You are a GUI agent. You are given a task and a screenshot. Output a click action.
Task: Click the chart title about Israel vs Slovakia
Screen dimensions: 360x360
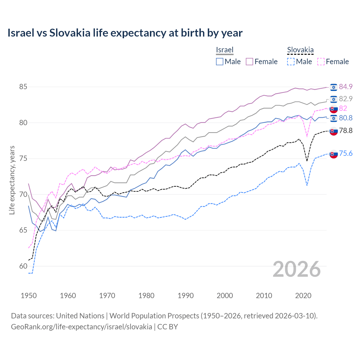pyautogui.click(x=125, y=33)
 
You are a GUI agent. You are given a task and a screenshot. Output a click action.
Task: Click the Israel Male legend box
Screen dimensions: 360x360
pyautogui.click(x=220, y=62)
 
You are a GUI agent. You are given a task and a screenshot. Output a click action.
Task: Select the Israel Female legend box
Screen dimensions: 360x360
pyautogui.click(x=249, y=62)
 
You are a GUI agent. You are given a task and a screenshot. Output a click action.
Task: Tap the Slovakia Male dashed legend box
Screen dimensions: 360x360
pyautogui.click(x=291, y=62)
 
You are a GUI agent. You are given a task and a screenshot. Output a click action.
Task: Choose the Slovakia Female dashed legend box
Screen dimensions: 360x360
pyautogui.click(x=321, y=62)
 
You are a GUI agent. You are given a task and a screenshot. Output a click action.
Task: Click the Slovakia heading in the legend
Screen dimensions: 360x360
pyautogui.click(x=300, y=50)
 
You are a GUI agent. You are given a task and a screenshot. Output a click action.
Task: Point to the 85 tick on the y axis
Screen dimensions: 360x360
pyautogui.click(x=23, y=87)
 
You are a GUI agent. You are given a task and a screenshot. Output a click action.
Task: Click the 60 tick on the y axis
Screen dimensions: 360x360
pyautogui.click(x=23, y=266)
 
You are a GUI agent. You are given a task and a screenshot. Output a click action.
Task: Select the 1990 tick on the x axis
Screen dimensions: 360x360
pyautogui.click(x=186, y=296)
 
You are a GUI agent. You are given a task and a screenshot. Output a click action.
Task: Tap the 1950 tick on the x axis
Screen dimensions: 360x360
pyautogui.click(x=29, y=296)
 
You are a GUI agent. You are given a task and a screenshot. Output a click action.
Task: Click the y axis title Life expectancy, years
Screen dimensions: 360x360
pyautogui.click(x=12, y=180)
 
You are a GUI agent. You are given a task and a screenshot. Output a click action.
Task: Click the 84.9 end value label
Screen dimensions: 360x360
pyautogui.click(x=346, y=87)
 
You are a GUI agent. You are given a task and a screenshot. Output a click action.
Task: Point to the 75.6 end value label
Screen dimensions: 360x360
pyautogui.click(x=346, y=153)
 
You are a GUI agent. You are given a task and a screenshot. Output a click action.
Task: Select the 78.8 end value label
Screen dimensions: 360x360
pyautogui.click(x=346, y=130)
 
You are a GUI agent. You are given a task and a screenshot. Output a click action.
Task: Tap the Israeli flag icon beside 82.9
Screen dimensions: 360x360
pyautogui.click(x=334, y=99)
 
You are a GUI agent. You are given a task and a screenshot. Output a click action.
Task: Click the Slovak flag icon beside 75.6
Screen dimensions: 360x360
pyautogui.click(x=334, y=154)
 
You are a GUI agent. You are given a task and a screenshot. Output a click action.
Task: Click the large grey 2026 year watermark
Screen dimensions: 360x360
pyautogui.click(x=297, y=269)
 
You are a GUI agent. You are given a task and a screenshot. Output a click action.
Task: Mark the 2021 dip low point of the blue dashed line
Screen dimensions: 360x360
pyautogui.click(x=307, y=185)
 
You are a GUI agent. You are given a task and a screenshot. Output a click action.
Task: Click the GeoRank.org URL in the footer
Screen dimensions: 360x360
pyautogui.click(x=82, y=327)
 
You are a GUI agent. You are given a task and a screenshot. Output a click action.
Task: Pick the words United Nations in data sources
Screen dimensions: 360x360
pyautogui.click(x=80, y=316)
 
